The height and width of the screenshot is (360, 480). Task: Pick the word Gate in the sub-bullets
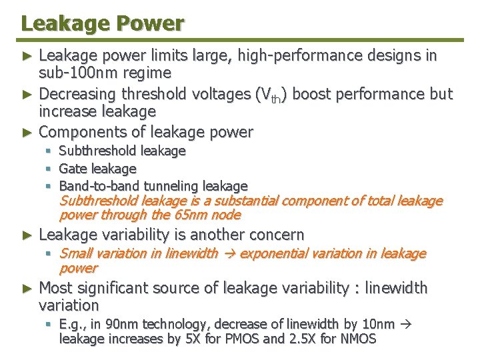click(x=73, y=169)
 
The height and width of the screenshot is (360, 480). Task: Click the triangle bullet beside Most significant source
click(x=27, y=289)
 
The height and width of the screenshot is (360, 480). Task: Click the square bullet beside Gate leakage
click(x=49, y=169)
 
